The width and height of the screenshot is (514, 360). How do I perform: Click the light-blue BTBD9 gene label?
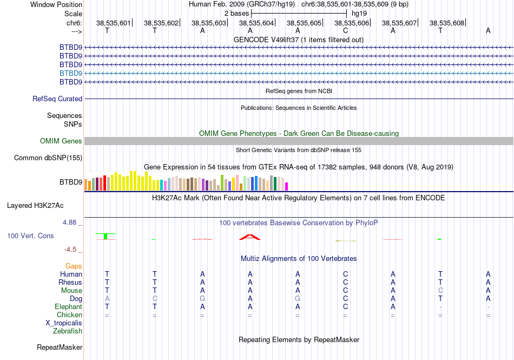(x=71, y=73)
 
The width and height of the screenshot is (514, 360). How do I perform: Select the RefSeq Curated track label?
(x=57, y=99)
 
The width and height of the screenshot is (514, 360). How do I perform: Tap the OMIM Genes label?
(x=61, y=141)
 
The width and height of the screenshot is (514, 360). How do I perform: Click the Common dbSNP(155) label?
(x=48, y=158)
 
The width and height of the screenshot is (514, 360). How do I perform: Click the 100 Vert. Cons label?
(x=30, y=236)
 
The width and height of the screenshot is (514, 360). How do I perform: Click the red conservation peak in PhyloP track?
(x=250, y=237)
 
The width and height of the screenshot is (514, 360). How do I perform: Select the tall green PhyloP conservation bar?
(x=106, y=236)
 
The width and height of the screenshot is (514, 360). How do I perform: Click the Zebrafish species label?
(x=68, y=331)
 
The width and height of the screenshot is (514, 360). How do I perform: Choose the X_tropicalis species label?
(x=64, y=323)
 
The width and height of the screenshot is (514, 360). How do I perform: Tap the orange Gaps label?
(x=74, y=266)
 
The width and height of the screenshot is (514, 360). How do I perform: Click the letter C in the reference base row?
(x=345, y=31)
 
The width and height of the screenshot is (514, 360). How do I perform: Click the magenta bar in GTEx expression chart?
(x=287, y=186)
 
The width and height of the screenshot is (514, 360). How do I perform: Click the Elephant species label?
(x=68, y=306)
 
